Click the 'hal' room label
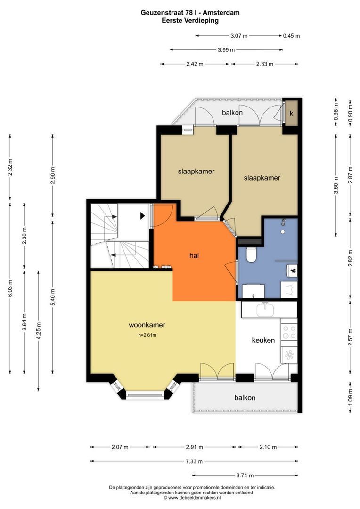pos(194,256)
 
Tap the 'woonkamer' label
pos(147,325)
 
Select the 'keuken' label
pos(263,340)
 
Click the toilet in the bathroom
pos(251,254)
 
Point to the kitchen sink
pos(265,309)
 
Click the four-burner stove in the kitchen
pos(289,332)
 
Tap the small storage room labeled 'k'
pos(291,113)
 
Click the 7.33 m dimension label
pos(194,461)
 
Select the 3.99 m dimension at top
pos(226,50)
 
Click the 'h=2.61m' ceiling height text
pos(147,335)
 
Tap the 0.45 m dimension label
pos(291,36)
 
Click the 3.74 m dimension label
pos(245,476)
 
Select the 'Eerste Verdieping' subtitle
pos(190,20)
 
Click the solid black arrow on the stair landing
pos(142,215)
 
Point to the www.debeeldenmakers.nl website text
pos(192,497)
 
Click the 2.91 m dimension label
pos(194,447)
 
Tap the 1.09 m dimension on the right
pos(350,397)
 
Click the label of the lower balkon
pos(245,398)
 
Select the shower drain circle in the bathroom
pos(283,232)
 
